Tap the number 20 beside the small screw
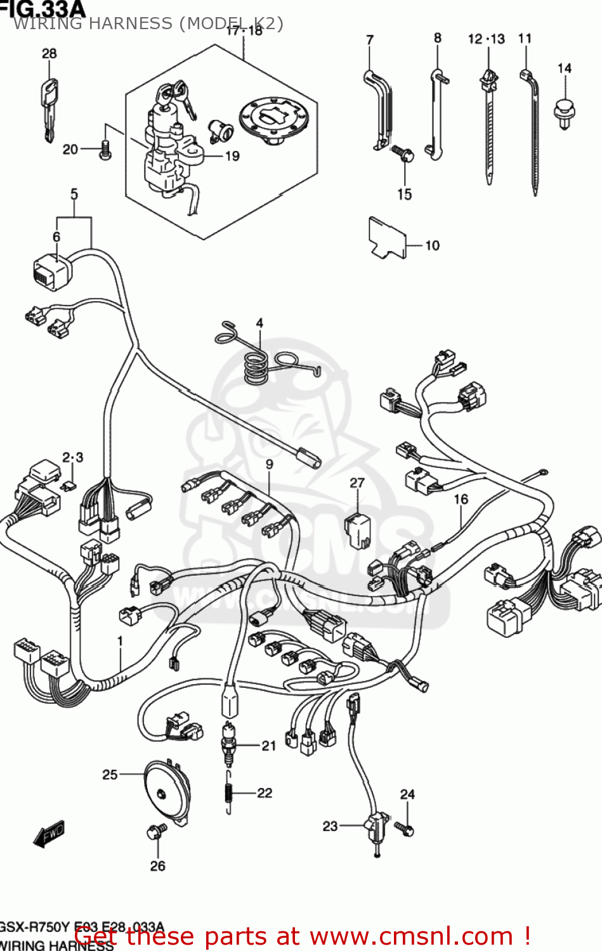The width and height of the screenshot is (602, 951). point(70,150)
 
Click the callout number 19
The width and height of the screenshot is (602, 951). point(232,156)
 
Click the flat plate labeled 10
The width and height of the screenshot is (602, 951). point(387,238)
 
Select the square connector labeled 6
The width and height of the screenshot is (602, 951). point(52,273)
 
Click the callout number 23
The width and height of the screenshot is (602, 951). point(330,826)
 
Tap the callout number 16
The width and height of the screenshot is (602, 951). point(461,500)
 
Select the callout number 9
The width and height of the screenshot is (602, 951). point(270,464)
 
